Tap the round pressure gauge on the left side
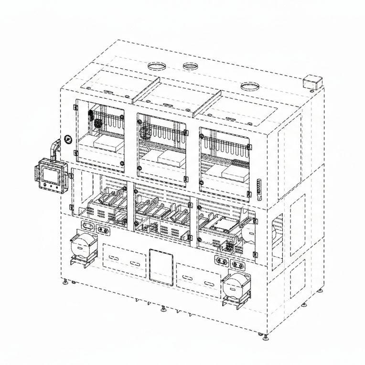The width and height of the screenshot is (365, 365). coord(67,140)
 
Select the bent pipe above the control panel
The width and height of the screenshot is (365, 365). coord(54,148)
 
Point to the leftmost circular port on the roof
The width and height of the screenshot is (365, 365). coord(156,66)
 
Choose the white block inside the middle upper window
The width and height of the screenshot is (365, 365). coord(170,157)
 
